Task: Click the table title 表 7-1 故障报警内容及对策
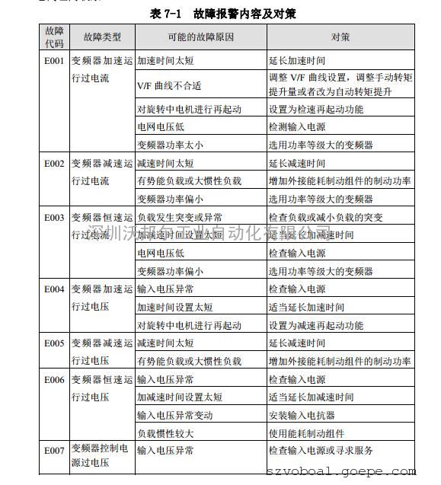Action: pos(222,14)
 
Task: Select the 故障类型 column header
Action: pos(101,37)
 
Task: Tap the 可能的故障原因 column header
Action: pos(200,37)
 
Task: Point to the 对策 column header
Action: pos(340,37)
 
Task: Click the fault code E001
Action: pos(54,59)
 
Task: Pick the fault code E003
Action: pos(54,217)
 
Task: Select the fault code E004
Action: pos(54,289)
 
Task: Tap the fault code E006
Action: pos(54,379)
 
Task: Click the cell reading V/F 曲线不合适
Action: pos(169,85)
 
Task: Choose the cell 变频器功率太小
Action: pos(170,145)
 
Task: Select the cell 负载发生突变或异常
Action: pos(180,217)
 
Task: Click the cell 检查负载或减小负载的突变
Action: pos(325,217)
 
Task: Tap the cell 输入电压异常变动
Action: pos(174,416)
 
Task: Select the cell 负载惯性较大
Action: pos(165,433)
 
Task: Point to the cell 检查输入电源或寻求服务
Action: pos(320,451)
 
